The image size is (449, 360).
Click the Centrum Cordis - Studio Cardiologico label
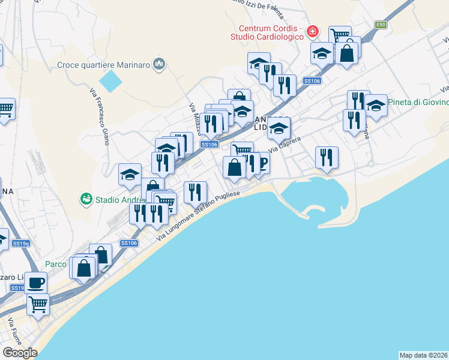click(x=272, y=34)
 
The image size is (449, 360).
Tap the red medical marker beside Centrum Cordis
click(x=312, y=30)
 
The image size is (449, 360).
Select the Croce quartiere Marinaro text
click(x=104, y=64)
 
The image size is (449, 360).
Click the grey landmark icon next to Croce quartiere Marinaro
click(x=159, y=64)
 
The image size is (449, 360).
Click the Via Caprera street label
click(x=283, y=145)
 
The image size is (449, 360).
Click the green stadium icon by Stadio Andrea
click(x=86, y=198)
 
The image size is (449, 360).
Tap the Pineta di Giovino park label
click(x=418, y=102)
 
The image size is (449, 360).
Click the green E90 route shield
click(x=381, y=25)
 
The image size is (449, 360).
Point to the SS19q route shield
click(x=21, y=243)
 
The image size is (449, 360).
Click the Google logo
click(x=20, y=353)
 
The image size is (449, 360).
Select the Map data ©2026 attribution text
click(x=423, y=355)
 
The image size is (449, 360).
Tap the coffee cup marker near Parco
click(x=35, y=282)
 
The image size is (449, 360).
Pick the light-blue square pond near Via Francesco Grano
click(x=109, y=80)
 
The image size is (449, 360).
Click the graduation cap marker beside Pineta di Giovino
click(x=376, y=107)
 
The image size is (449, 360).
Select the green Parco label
click(x=56, y=264)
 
